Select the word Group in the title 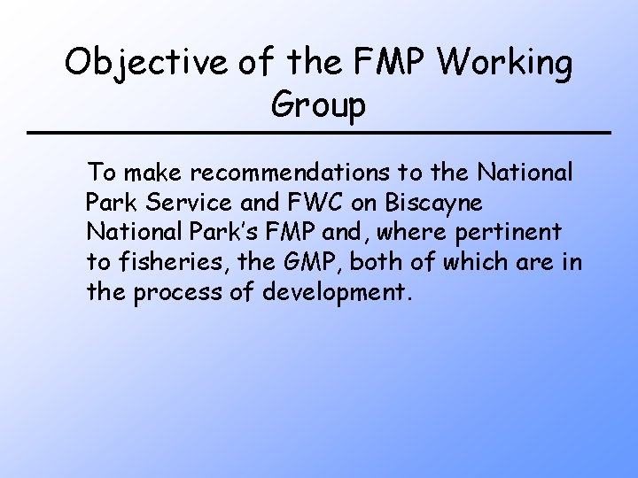[318, 106]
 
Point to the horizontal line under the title [319, 133]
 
